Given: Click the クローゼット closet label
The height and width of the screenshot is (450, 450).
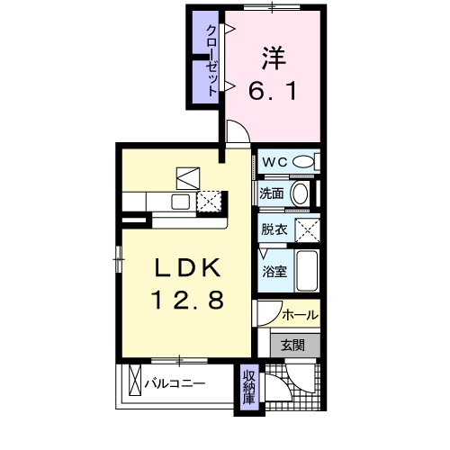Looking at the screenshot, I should pos(211,60).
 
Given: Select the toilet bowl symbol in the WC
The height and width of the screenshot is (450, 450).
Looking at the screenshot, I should pos(306,162).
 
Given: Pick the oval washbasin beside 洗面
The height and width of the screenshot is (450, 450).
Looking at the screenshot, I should pos(300,193).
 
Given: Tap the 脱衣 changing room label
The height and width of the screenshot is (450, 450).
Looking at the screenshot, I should pos(274,229).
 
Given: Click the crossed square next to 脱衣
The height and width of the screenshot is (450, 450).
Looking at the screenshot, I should pos(310,229).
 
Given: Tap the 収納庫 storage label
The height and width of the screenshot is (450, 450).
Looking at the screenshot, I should pos(247,388).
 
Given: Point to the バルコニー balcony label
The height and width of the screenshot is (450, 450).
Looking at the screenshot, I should pos(176,382).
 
